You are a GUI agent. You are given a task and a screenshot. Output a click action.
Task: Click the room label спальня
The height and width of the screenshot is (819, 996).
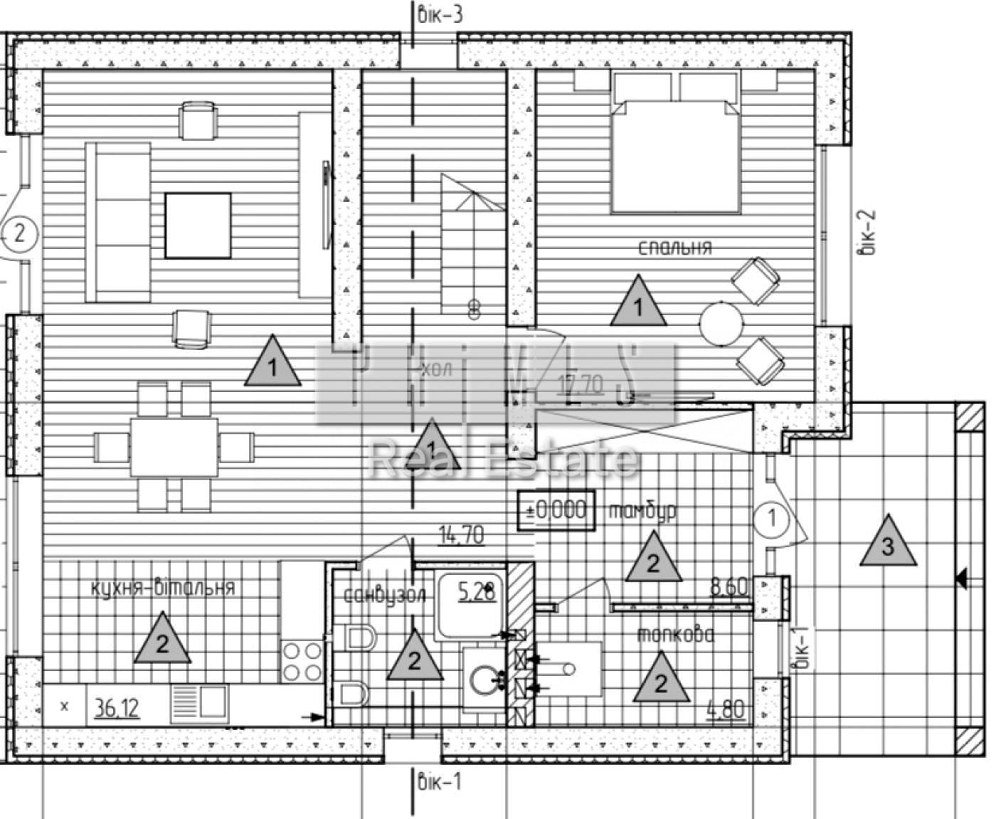(674, 248)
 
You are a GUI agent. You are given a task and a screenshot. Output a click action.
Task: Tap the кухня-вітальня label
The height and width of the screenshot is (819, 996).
(163, 588)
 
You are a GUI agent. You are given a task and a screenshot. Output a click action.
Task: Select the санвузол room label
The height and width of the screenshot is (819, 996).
(385, 595)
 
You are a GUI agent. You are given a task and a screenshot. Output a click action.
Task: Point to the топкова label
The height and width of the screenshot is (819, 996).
(675, 635)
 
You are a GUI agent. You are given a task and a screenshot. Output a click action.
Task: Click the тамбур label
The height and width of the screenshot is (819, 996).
(642, 511)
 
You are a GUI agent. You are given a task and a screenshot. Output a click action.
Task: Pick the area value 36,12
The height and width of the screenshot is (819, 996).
(117, 707)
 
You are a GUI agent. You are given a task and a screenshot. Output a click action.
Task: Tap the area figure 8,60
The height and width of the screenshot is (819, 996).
(729, 587)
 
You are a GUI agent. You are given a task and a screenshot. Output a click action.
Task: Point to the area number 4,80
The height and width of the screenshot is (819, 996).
(726, 709)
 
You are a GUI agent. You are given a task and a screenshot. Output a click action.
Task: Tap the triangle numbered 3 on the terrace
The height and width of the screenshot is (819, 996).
(887, 543)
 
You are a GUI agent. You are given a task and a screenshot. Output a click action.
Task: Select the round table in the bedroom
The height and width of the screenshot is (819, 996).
(721, 324)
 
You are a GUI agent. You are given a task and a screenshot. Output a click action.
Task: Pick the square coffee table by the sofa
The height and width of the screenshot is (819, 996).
(198, 225)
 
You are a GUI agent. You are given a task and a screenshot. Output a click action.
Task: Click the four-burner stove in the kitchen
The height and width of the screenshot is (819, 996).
(302, 661)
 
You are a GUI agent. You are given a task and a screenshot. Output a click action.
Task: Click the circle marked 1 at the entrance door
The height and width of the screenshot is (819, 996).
(771, 518)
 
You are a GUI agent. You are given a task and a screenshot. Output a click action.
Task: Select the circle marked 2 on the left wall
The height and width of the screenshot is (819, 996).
(18, 232)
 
